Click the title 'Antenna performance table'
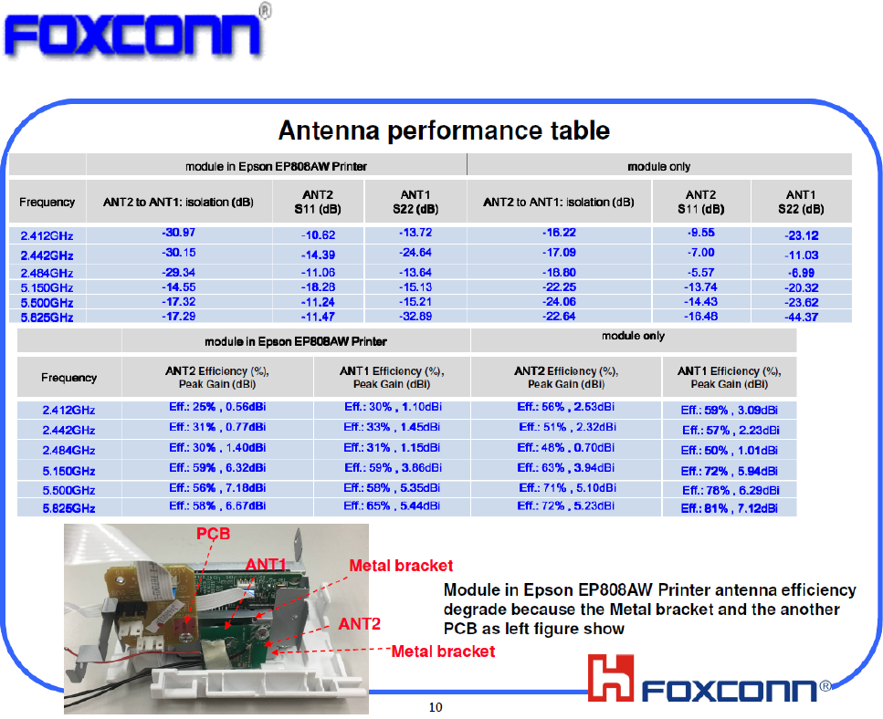click(444, 130)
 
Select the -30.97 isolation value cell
click(178, 233)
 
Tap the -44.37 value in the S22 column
click(802, 317)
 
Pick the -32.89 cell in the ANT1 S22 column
click(415, 317)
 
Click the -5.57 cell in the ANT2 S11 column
click(700, 272)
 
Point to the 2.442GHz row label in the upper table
click(47, 255)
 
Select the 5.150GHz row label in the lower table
click(68, 471)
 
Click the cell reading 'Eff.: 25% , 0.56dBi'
click(217, 407)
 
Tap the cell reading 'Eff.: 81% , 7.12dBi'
click(730, 508)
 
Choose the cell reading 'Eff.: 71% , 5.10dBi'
click(567, 488)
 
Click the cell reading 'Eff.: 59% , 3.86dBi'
click(393, 467)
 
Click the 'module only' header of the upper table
click(659, 167)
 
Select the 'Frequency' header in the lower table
click(68, 378)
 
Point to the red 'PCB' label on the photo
click(213, 534)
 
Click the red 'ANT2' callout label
click(359, 624)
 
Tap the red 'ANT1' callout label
click(266, 564)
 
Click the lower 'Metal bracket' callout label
click(443, 651)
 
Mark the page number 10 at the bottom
click(436, 707)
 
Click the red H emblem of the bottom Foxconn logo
click(611, 677)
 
